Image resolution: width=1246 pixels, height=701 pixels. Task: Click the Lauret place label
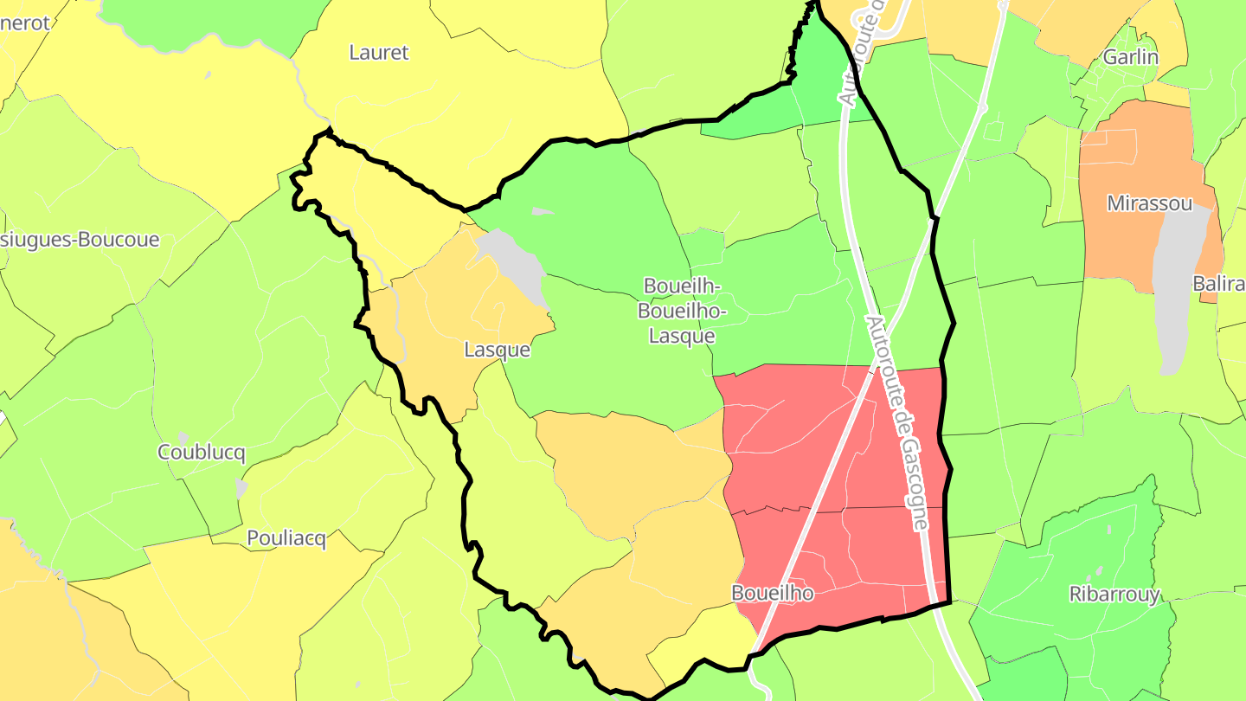click(x=378, y=53)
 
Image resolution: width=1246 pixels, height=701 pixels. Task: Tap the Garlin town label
click(x=1130, y=57)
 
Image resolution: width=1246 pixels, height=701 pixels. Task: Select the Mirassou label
click(x=1150, y=204)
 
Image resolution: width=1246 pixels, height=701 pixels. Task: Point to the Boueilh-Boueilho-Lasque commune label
click(x=682, y=311)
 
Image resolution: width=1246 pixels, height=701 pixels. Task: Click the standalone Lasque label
click(x=497, y=350)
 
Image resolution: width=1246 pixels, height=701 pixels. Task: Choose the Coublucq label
click(x=202, y=453)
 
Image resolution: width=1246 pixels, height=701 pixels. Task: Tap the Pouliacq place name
click(x=286, y=538)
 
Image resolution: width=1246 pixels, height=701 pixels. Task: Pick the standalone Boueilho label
click(x=772, y=593)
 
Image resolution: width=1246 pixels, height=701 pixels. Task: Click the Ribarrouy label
click(x=1114, y=594)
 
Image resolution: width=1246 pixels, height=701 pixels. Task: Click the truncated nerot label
click(x=25, y=23)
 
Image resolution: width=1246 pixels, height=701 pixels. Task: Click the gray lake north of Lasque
click(x=515, y=264)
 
